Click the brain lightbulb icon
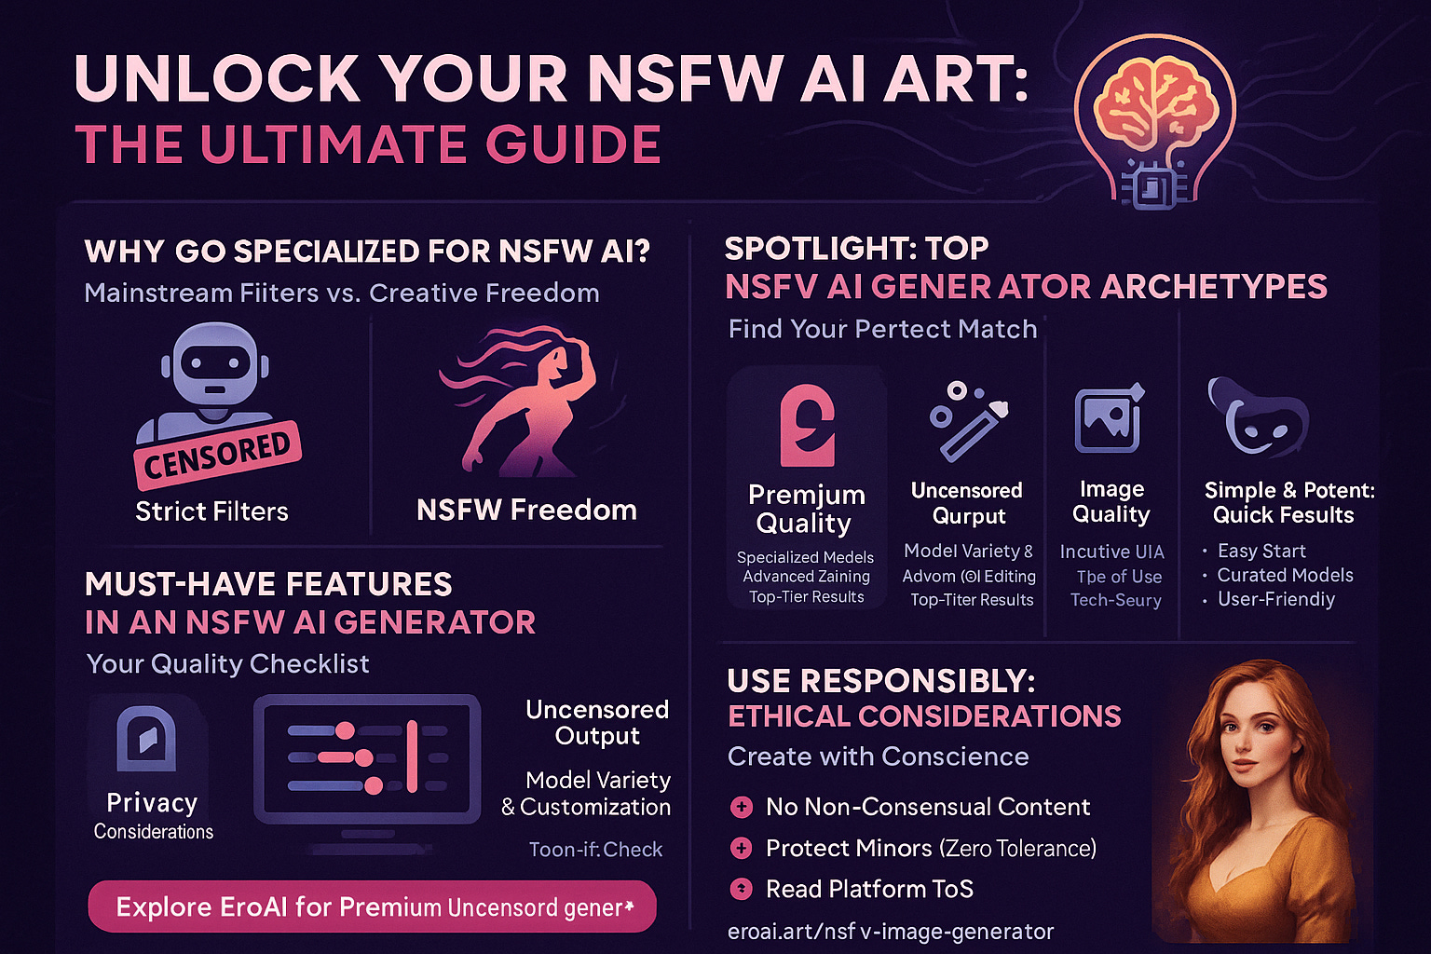tap(1155, 121)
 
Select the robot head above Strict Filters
tap(214, 363)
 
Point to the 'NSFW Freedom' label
tap(526, 511)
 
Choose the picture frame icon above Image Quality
tap(1109, 419)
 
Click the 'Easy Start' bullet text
tap(1261, 551)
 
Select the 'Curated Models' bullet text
tap(1285, 575)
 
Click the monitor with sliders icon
tap(368, 759)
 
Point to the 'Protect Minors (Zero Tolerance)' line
tap(930, 848)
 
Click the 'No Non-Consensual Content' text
tap(927, 807)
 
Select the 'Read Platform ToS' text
tap(868, 889)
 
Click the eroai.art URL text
tap(890, 931)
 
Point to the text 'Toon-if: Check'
tap(595, 849)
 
